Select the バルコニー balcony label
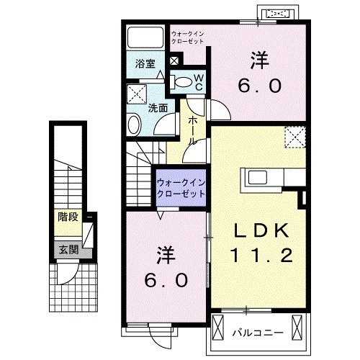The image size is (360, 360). [257, 332]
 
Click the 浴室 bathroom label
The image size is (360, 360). [145, 63]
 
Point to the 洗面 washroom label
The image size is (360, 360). [158, 109]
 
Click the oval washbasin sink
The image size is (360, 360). [135, 126]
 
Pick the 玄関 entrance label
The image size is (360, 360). [69, 250]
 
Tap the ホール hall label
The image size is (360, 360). [192, 131]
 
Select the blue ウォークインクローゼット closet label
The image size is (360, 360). [181, 188]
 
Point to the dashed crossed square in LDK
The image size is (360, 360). [294, 135]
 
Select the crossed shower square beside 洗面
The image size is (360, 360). [136, 94]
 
